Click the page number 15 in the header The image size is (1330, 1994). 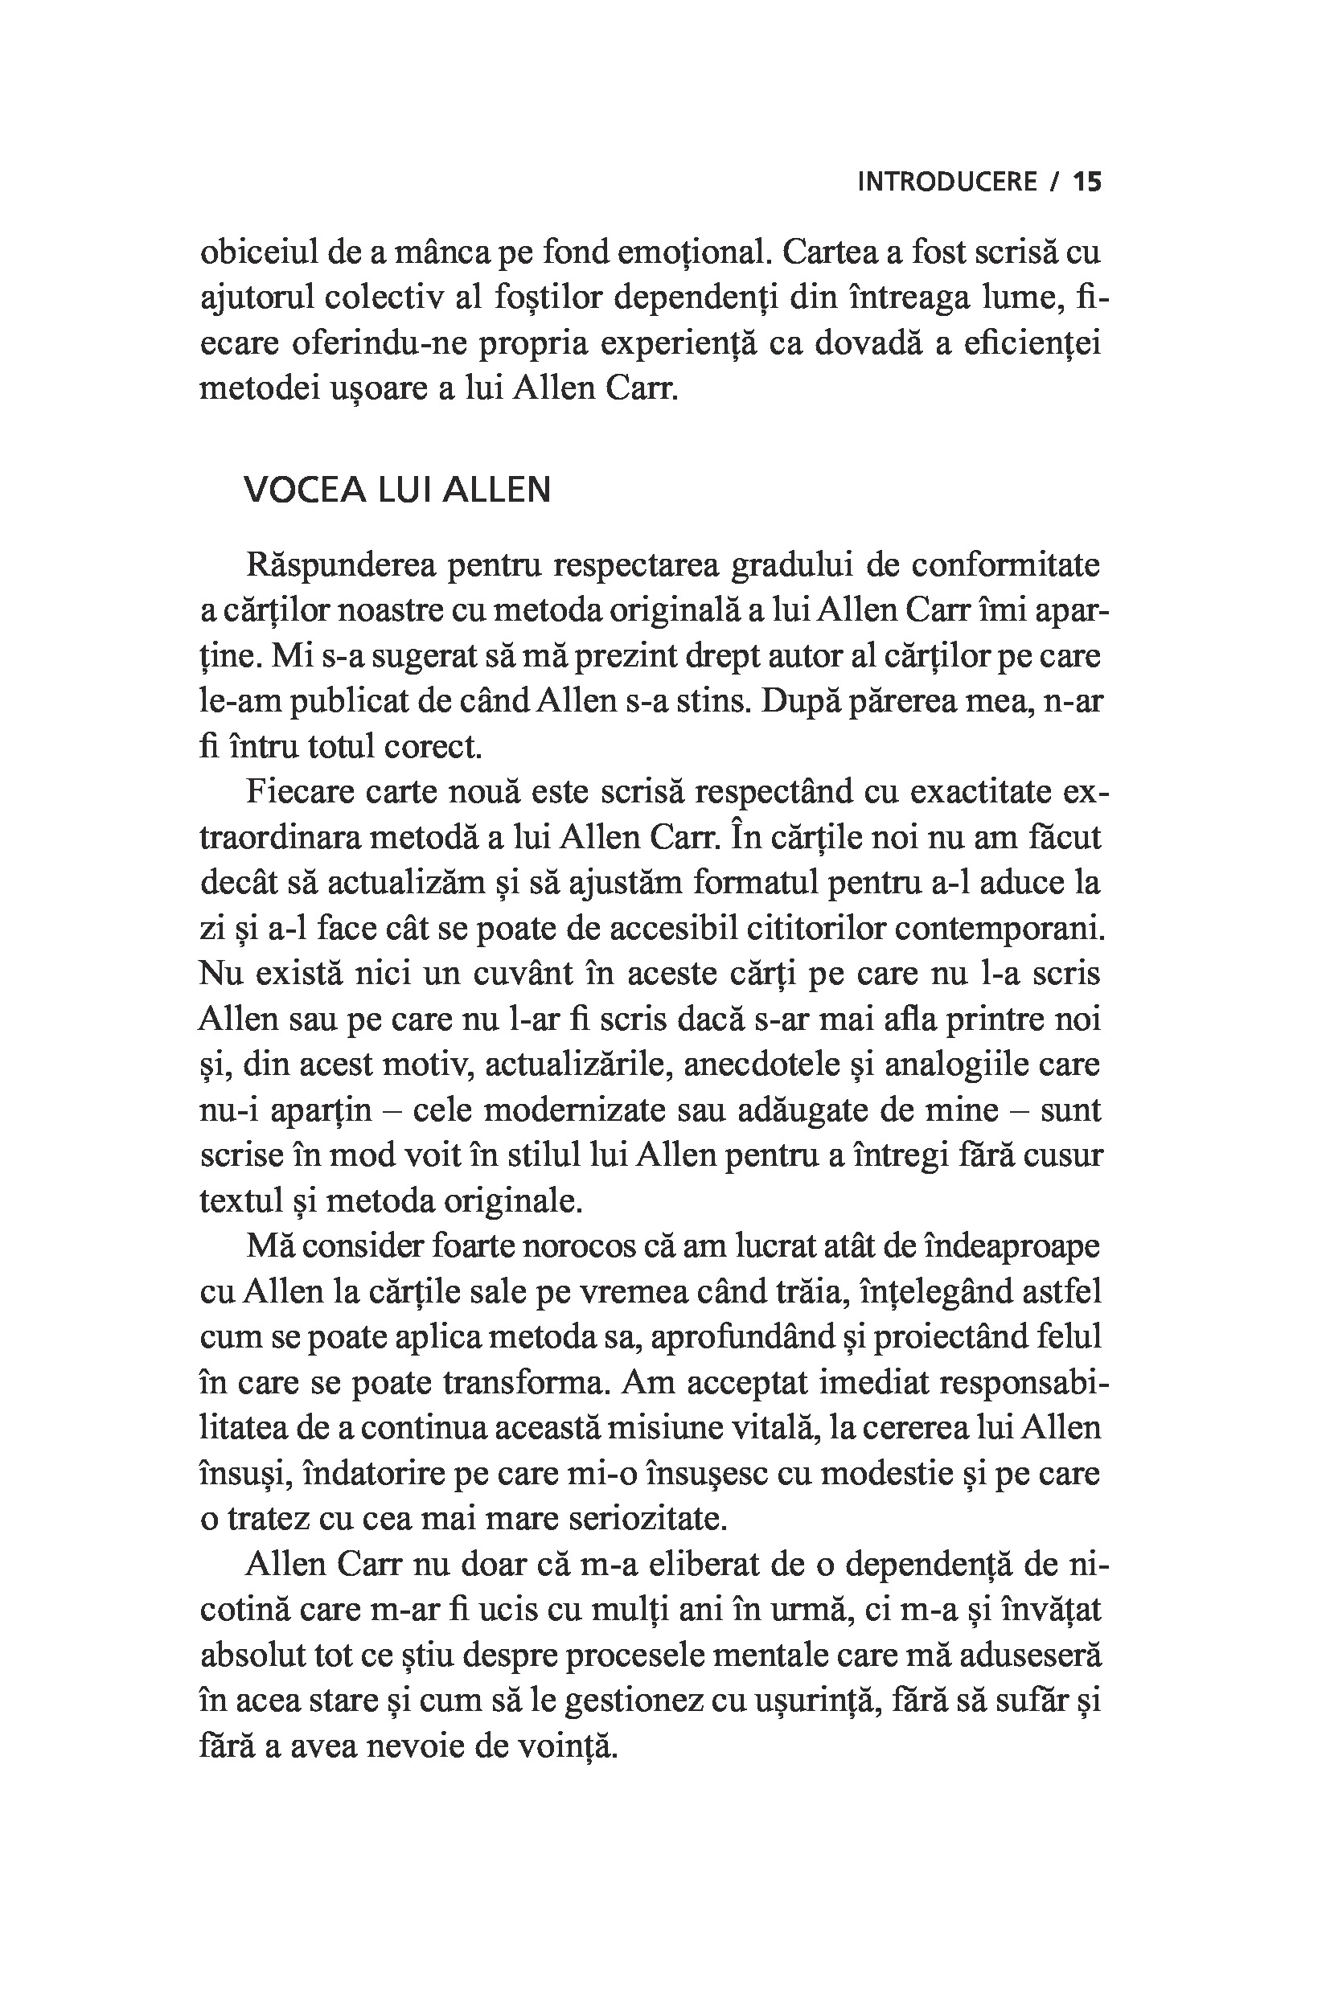[x=1086, y=182]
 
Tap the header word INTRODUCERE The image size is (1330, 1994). [x=947, y=182]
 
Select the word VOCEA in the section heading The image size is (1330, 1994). [x=305, y=490]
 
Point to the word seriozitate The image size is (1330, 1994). [x=647, y=1520]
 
